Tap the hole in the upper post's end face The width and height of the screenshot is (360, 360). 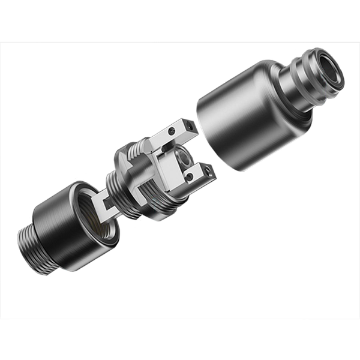point(191,125)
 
